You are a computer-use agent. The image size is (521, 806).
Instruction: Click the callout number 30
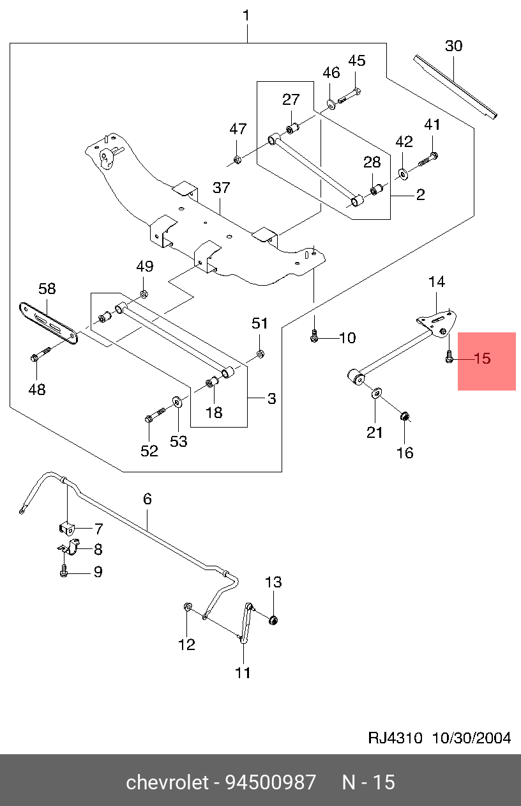(x=453, y=46)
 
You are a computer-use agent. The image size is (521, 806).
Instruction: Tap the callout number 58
(x=47, y=288)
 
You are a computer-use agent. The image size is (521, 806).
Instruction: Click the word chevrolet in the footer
(x=167, y=782)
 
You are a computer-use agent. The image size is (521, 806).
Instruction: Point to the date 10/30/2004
(x=472, y=738)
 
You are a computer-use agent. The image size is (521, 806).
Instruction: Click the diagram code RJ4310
(x=395, y=738)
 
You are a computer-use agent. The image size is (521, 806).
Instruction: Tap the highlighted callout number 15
(x=483, y=359)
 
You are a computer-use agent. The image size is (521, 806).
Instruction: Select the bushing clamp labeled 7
(x=66, y=528)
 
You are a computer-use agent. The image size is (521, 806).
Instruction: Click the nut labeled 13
(x=273, y=619)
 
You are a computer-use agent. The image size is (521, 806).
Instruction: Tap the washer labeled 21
(x=376, y=392)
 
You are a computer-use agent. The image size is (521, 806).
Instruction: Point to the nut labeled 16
(x=404, y=417)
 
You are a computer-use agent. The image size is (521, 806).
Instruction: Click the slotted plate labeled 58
(x=48, y=322)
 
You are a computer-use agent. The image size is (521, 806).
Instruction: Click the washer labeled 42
(x=404, y=172)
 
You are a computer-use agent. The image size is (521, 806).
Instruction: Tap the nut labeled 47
(x=236, y=159)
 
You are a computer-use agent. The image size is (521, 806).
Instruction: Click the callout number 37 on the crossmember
(x=221, y=188)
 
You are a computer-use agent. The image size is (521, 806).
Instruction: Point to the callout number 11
(x=243, y=672)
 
